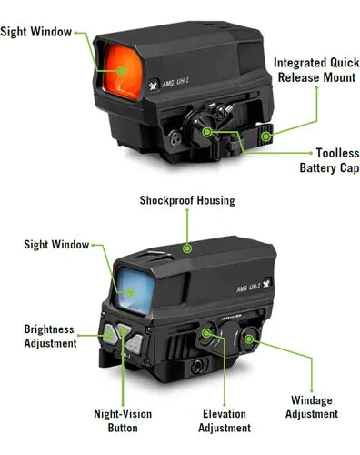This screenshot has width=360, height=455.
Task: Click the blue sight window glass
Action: click(136, 289)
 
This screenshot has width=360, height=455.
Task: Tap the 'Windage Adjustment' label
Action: click(314, 407)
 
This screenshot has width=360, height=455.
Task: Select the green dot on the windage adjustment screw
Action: click(246, 344)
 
